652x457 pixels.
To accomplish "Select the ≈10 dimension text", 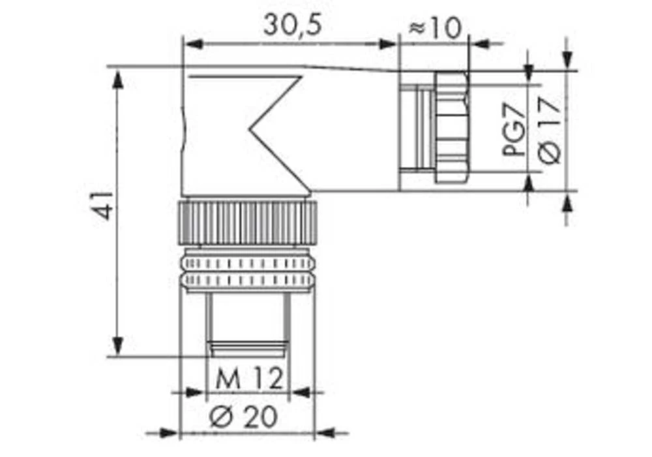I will point(434,27).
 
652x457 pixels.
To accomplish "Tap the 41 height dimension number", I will point(103,205).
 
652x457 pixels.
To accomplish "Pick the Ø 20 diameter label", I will point(244,416).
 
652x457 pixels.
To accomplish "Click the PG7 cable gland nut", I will point(451,127).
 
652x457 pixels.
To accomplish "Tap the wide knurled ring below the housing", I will point(247,223).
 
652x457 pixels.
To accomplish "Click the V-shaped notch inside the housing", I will point(274,131).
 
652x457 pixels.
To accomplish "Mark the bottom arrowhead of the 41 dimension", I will point(118,344).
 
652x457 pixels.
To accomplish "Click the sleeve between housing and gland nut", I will point(416,127).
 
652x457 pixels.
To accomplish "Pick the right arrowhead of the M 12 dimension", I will point(299,393).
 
